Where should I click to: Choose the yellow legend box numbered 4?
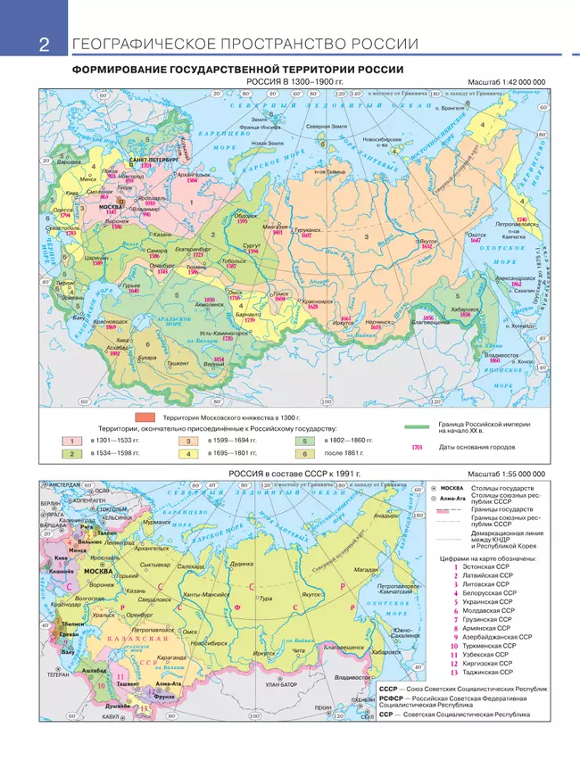click(x=188, y=454)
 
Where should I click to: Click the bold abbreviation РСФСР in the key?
click(x=394, y=700)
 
